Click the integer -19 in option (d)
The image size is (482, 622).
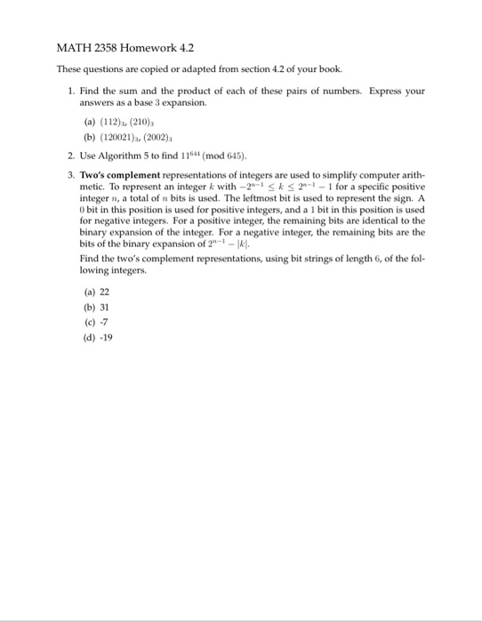104,337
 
